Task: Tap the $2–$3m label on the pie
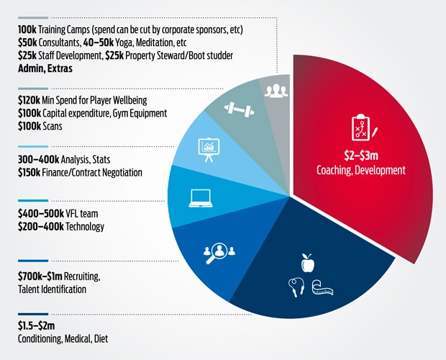[x=361, y=156]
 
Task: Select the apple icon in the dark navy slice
[x=308, y=263]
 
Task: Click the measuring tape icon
[x=322, y=288]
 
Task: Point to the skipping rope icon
[x=296, y=287]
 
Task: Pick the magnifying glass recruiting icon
[x=219, y=253]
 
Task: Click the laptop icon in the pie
[x=201, y=198]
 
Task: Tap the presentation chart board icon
[x=209, y=150]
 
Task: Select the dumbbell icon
[x=240, y=109]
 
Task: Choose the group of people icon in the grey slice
[x=276, y=91]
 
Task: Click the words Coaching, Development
[x=361, y=170]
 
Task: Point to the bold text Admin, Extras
[x=45, y=68]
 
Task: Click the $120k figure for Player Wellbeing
[x=29, y=100]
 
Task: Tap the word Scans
[x=53, y=126]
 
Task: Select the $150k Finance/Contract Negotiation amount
[x=29, y=173]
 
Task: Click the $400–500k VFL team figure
[x=41, y=213]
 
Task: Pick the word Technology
[x=85, y=227]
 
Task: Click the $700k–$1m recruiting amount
[x=40, y=276]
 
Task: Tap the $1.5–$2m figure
[x=37, y=325]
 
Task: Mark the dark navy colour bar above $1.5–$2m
[x=33, y=314]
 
